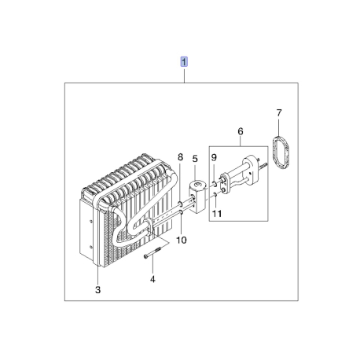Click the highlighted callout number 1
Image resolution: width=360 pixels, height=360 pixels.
click(x=184, y=62)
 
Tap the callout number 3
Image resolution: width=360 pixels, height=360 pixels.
click(x=97, y=290)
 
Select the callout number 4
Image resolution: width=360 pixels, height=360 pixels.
click(x=152, y=279)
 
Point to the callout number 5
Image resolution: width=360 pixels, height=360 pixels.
click(x=195, y=159)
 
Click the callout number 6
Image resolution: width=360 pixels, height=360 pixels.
click(x=241, y=131)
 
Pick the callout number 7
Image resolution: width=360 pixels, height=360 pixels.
click(x=279, y=113)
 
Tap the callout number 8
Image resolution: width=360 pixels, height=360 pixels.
click(x=180, y=157)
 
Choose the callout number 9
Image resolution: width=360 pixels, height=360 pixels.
click(x=214, y=157)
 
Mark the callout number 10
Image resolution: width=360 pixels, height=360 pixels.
click(x=182, y=240)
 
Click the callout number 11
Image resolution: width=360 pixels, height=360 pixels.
click(x=217, y=214)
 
